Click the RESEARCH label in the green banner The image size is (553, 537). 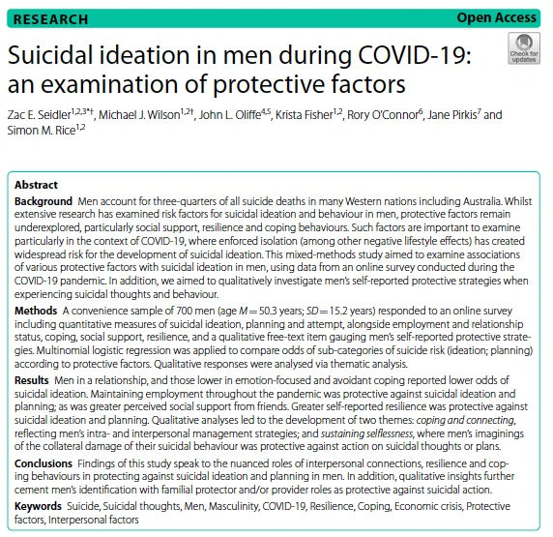point(50,19)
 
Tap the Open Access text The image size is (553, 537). point(496,17)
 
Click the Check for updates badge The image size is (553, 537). point(524,48)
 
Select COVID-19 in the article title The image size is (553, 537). point(415,55)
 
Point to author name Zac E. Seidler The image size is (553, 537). point(39,115)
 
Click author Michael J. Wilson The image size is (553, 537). point(139,115)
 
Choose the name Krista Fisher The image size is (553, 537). point(304,115)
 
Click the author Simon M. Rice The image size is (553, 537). point(42,131)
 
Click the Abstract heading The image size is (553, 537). point(36,185)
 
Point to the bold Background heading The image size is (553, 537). point(44,201)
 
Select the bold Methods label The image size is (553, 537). point(36,311)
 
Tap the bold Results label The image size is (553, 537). point(31,380)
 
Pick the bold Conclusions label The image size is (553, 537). point(44,463)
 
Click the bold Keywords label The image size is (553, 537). point(38,506)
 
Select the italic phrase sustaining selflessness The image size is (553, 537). point(366,433)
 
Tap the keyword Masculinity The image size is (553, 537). point(234,506)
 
